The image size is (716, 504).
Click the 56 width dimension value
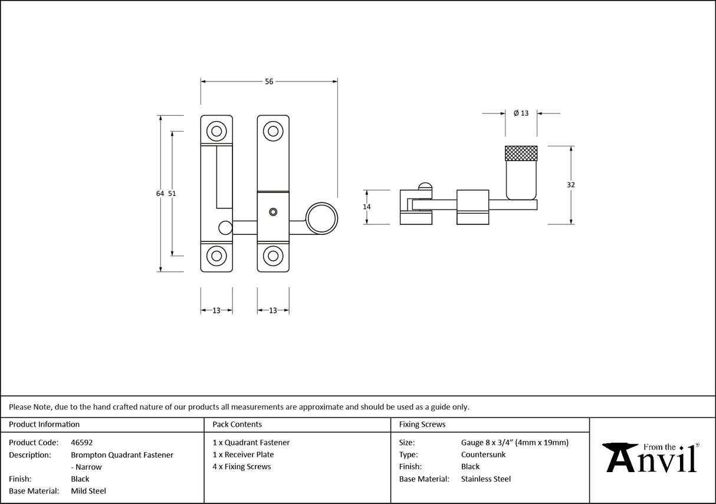[x=269, y=82]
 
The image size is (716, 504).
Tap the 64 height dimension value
[x=160, y=194]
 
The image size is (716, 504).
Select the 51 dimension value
[x=172, y=194]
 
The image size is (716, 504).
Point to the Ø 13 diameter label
[x=521, y=113]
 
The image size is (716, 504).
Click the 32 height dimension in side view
[x=570, y=185]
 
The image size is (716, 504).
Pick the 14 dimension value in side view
[x=367, y=207]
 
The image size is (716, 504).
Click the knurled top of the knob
[x=521, y=153]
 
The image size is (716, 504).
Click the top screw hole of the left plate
[x=216, y=130]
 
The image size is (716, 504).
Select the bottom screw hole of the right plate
[x=272, y=256]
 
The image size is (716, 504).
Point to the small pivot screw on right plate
[x=272, y=211]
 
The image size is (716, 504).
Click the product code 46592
[x=81, y=442]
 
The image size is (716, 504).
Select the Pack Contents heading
[x=237, y=424]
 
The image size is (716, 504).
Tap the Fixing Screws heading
[x=422, y=424]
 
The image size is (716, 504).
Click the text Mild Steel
[x=88, y=491]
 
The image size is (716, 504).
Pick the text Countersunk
[x=483, y=454]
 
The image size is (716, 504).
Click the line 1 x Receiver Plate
[x=243, y=454]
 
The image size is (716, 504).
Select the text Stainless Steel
[x=486, y=479]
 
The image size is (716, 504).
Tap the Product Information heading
[x=44, y=424]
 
